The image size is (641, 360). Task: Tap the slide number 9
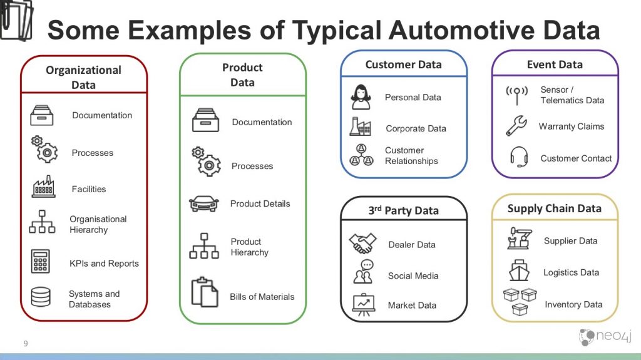click(26, 343)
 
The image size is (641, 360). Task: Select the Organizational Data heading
click(83, 77)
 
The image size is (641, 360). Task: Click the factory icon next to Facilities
click(43, 187)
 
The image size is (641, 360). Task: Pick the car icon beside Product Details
click(204, 203)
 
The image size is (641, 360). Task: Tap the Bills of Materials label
click(262, 297)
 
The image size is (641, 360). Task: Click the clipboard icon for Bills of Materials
click(205, 292)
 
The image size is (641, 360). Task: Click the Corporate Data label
click(416, 128)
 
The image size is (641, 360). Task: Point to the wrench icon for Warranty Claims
click(517, 126)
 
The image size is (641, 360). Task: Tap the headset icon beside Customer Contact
click(518, 157)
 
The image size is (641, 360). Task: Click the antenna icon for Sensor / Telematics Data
click(516, 95)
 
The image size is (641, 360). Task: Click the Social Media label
click(413, 275)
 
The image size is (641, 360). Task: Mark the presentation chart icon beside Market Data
click(362, 304)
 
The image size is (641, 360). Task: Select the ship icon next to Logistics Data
click(519, 272)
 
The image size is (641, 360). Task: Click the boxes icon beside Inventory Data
click(520, 301)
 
